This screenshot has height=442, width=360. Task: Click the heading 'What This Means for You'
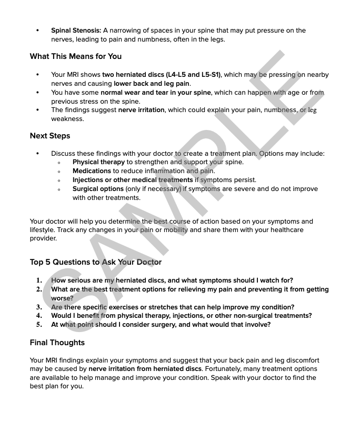click(76, 56)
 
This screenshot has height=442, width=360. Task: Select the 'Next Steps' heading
click(50, 136)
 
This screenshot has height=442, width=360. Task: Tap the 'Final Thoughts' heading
click(57, 343)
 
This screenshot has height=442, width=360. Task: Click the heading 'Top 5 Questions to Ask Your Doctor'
click(96, 262)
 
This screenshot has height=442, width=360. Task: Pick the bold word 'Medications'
click(92, 171)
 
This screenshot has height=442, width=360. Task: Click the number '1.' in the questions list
click(39, 280)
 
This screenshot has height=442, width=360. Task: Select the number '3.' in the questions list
click(39, 307)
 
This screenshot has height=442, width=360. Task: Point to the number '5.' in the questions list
click(39, 325)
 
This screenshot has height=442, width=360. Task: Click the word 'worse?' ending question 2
click(63, 298)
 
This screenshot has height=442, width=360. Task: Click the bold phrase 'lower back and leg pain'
click(152, 84)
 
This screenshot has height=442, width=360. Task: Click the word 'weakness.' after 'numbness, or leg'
click(67, 119)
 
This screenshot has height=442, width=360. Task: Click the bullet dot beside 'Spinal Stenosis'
click(37, 31)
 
